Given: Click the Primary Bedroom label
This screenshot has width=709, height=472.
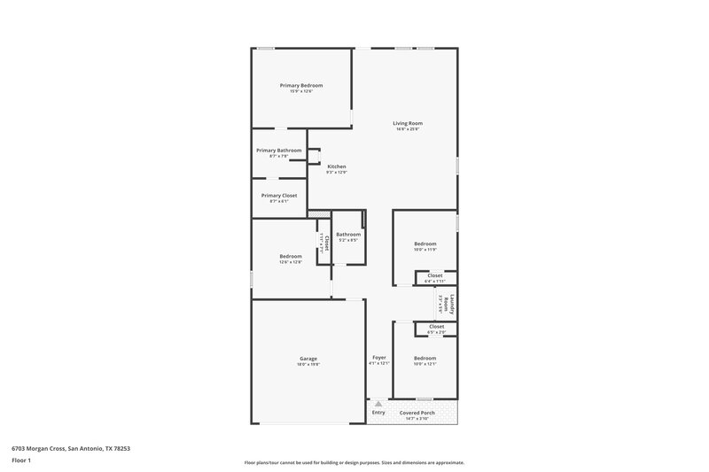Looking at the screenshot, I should click(x=301, y=85).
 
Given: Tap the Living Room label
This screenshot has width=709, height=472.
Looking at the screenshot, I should click(x=408, y=123).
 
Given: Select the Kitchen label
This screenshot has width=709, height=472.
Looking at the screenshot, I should click(x=336, y=166).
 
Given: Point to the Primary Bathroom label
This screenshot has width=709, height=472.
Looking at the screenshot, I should click(x=279, y=151).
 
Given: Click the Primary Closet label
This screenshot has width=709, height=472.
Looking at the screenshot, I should click(x=279, y=195).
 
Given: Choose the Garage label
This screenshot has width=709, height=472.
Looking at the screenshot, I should click(x=308, y=359).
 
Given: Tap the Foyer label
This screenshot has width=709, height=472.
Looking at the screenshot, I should click(x=378, y=357).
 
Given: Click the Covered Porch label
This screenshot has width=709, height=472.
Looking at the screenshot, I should click(x=416, y=413).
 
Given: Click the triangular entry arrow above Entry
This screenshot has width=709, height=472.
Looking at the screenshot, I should click(x=378, y=403).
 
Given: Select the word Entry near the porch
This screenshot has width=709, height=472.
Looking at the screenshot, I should click(x=378, y=413).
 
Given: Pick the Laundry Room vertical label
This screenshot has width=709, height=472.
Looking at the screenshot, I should click(x=452, y=306).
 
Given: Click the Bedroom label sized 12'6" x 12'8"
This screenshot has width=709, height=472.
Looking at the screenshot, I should click(x=291, y=256).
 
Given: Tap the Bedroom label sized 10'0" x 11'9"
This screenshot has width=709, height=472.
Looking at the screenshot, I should click(x=425, y=243).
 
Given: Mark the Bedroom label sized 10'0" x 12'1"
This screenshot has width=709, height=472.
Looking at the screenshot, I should click(x=425, y=358).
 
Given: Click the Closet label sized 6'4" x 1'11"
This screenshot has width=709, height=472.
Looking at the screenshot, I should click(x=435, y=275).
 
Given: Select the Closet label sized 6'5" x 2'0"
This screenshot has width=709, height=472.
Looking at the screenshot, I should click(x=436, y=327).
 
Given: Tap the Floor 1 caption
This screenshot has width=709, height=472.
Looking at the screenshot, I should click(x=21, y=460).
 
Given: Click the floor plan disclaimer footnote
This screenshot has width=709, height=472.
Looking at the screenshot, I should click(x=354, y=462).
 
